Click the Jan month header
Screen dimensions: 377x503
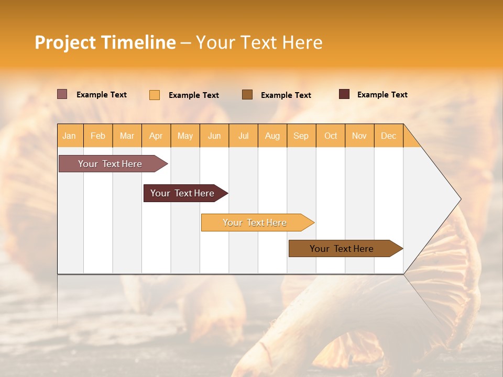(x=70, y=136)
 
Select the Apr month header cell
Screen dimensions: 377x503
(x=156, y=136)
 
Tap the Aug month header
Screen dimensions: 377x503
(x=272, y=136)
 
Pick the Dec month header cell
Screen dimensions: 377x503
(x=389, y=136)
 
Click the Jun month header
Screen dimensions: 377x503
(x=214, y=136)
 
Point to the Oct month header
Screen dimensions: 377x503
(x=331, y=136)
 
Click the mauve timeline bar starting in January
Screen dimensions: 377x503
(x=110, y=164)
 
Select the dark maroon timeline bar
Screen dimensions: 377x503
(x=182, y=193)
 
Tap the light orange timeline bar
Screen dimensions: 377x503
(x=255, y=223)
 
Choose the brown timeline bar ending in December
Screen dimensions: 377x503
(x=342, y=249)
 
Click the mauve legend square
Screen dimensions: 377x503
(x=62, y=94)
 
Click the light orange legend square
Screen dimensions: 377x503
(x=155, y=95)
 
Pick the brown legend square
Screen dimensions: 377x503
(x=247, y=94)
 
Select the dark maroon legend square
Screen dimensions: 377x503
(x=344, y=94)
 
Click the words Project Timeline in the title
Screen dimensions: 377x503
(x=105, y=42)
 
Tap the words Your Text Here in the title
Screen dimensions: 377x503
(x=259, y=42)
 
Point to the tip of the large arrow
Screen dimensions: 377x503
(x=460, y=199)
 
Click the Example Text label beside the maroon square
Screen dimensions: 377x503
(x=382, y=95)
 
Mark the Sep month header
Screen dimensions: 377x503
(x=301, y=136)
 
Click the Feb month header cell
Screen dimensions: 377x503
(x=98, y=136)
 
